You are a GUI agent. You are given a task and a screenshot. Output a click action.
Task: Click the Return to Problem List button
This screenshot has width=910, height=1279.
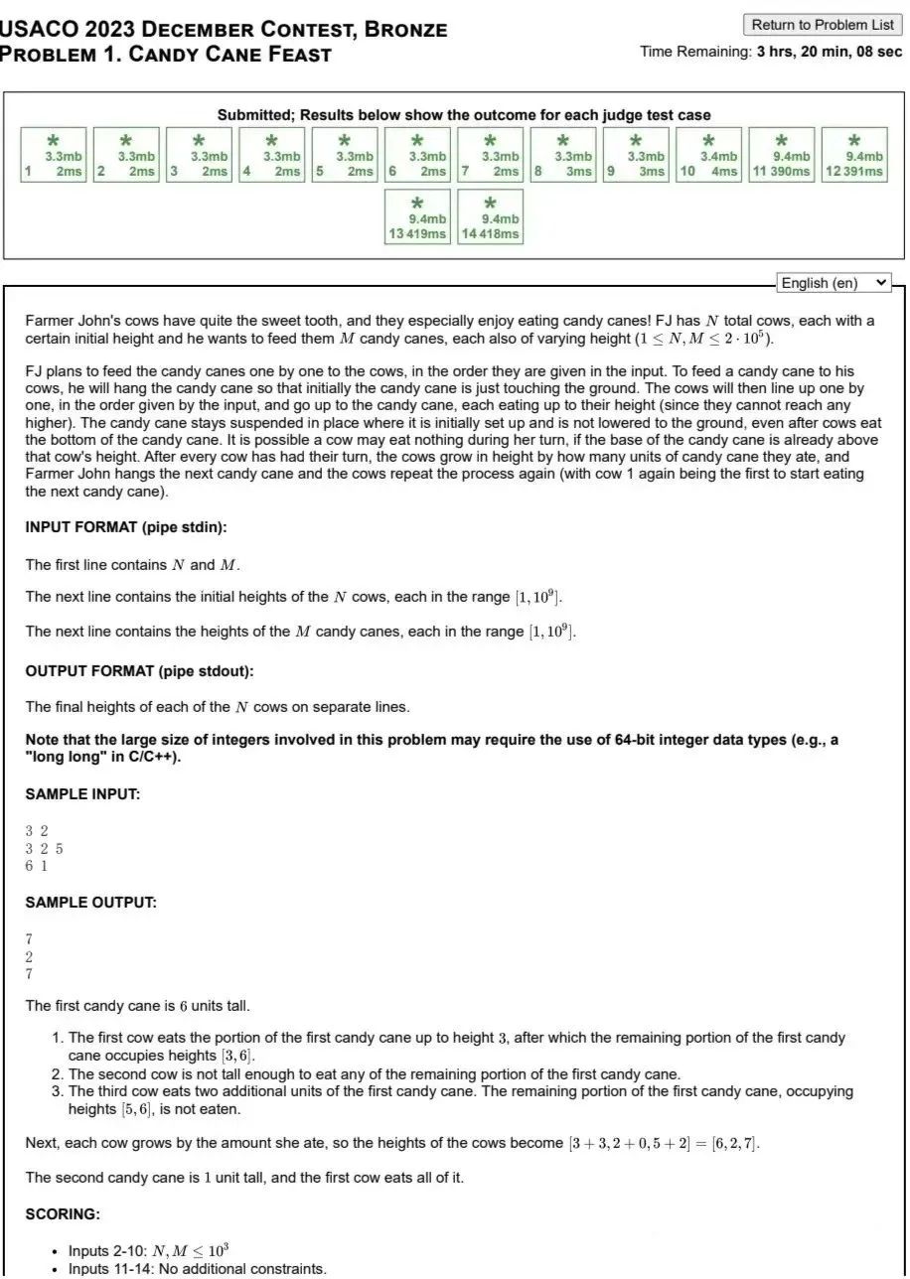823,25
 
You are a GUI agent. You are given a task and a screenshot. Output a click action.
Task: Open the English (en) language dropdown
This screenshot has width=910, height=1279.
834,283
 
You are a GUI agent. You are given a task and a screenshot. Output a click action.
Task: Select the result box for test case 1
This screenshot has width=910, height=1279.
54,155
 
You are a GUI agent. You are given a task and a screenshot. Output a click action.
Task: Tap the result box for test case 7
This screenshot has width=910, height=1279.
491,155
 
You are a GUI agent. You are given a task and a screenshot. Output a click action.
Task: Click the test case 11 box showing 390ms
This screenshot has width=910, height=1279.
782,155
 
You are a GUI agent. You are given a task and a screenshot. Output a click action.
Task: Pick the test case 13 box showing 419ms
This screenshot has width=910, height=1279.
418,217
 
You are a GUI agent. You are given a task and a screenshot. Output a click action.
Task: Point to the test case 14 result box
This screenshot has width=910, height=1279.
491,217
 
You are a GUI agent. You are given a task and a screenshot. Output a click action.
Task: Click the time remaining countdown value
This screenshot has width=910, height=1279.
829,52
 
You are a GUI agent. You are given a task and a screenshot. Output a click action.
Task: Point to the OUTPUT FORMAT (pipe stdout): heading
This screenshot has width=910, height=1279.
140,671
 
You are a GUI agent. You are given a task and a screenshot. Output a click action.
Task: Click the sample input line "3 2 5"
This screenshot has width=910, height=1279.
45,848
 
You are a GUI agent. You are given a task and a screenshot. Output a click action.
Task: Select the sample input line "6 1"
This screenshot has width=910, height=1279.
37,865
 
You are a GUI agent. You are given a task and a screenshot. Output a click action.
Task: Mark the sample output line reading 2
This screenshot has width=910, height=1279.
30,956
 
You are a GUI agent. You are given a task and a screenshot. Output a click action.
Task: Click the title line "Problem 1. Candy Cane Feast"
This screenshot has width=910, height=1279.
166,54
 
